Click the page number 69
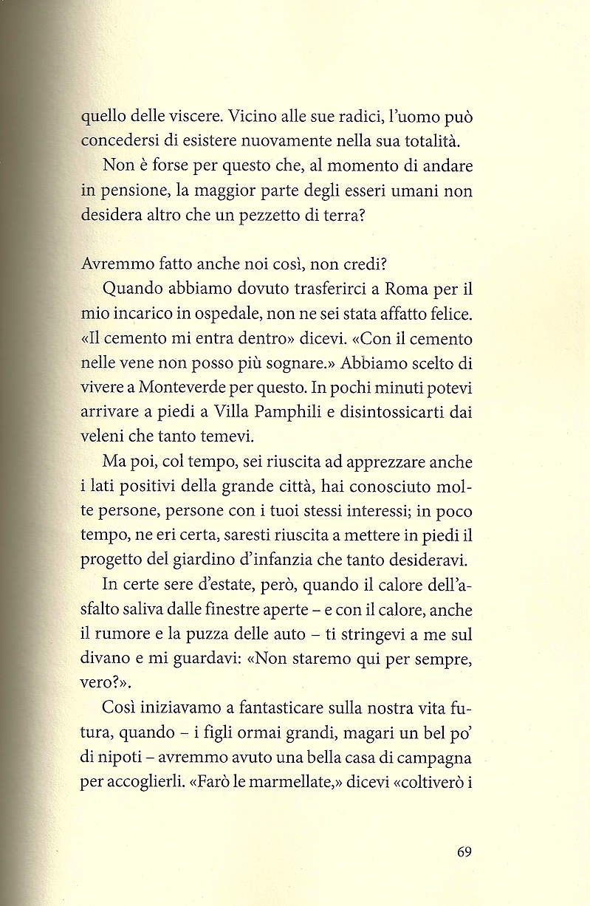[464, 852]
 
